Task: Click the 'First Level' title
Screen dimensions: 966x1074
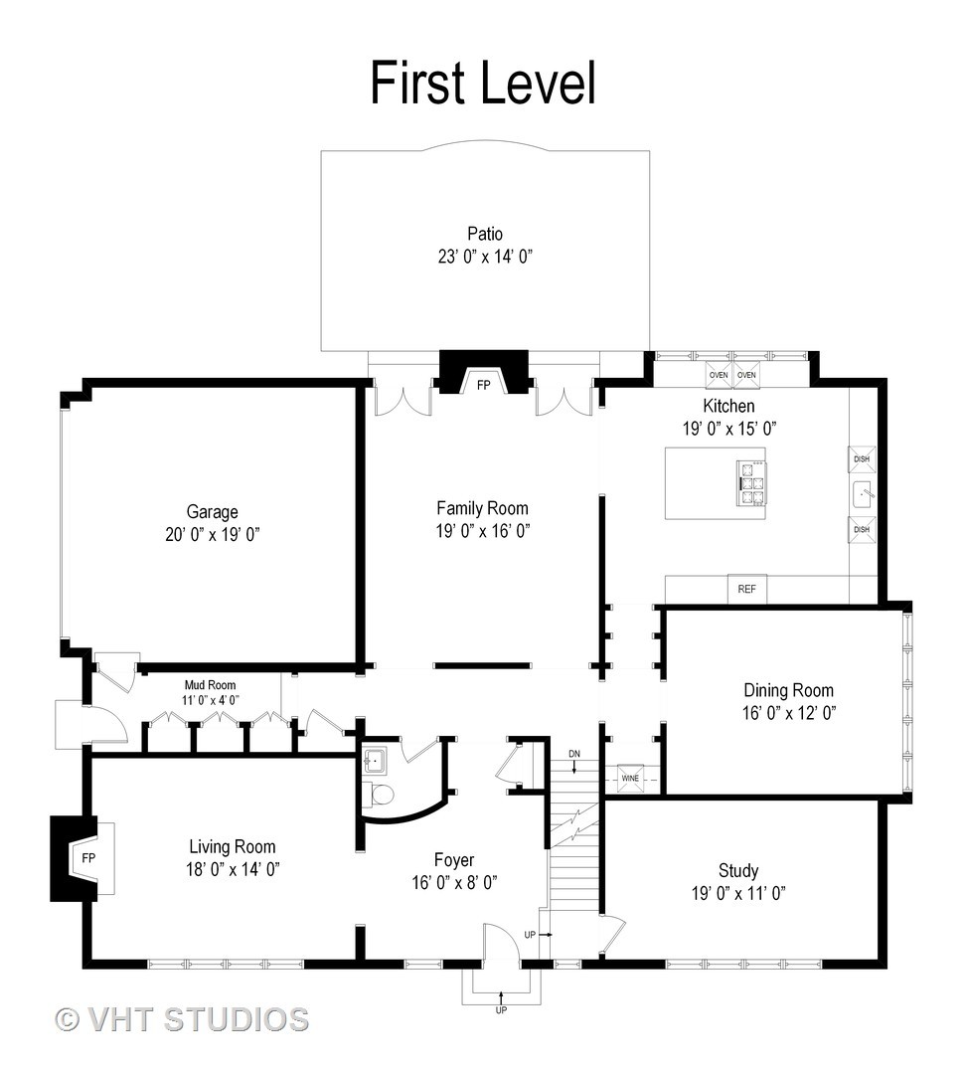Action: [483, 83]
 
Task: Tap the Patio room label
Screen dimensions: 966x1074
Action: [485, 234]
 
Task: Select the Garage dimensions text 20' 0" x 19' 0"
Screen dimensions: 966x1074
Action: [213, 534]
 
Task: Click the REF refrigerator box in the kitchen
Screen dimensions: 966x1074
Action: [747, 589]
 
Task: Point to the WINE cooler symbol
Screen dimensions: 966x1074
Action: [630, 778]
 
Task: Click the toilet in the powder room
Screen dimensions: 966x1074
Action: [382, 795]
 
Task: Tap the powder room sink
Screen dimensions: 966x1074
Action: [375, 761]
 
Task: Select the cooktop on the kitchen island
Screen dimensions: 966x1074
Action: [750, 483]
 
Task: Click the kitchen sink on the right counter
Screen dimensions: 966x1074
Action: [863, 494]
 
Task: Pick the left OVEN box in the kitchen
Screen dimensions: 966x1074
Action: [719, 375]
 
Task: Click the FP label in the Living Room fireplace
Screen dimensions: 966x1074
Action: [88, 857]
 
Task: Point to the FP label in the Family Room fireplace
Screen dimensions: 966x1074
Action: [483, 386]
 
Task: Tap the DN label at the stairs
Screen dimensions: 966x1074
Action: [573, 754]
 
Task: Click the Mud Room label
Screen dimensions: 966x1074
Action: [210, 685]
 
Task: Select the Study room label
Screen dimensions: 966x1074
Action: [738, 870]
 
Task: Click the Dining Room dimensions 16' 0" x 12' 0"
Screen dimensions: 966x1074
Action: [789, 713]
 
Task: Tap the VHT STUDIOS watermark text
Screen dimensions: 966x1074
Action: [182, 1019]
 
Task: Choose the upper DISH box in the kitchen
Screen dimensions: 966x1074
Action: [862, 458]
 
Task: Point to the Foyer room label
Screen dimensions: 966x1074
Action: [454, 859]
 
